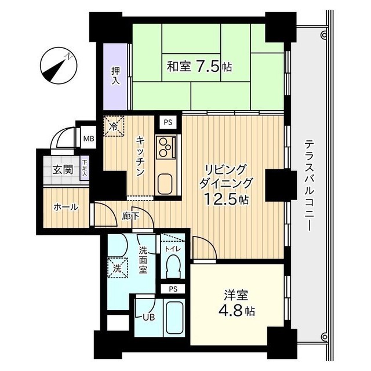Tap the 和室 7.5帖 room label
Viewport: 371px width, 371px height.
(199, 67)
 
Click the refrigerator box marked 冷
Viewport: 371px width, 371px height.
(114, 126)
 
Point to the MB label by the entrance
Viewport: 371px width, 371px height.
(88, 139)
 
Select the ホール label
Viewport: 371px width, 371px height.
(66, 207)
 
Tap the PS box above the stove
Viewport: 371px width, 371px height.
(168, 122)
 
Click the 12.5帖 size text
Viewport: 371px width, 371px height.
(226, 199)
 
